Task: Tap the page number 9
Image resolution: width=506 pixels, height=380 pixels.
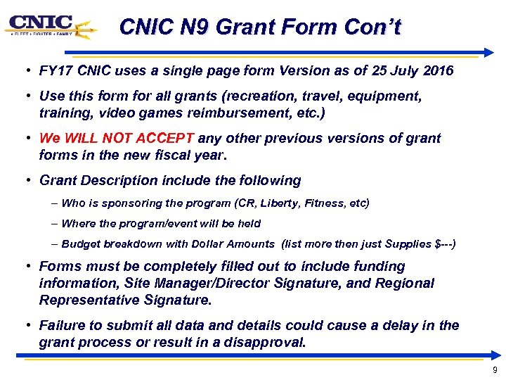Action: [x=495, y=370]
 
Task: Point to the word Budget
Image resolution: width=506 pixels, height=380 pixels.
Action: [x=81, y=243]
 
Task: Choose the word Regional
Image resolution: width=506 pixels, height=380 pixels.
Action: [x=407, y=283]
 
